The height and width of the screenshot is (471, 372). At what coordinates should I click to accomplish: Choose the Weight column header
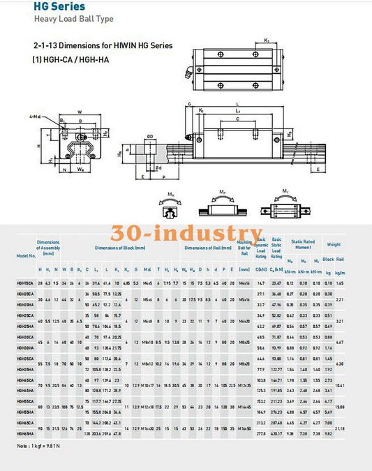353,245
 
